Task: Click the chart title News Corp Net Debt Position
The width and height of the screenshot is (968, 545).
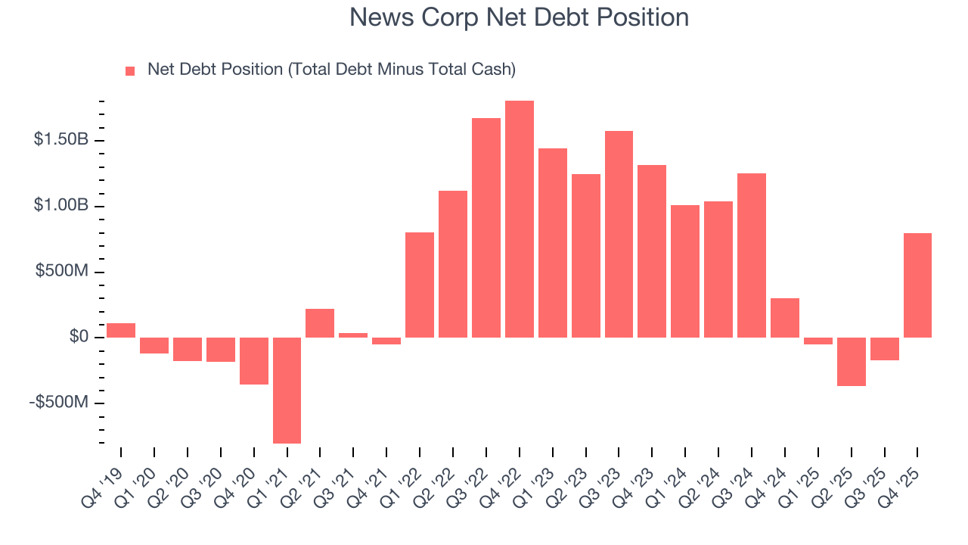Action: click(x=519, y=17)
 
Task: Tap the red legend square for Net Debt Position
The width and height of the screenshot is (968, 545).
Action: click(x=130, y=70)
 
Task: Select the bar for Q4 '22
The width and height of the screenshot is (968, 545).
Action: click(x=520, y=219)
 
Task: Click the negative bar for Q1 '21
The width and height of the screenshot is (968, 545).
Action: click(x=287, y=390)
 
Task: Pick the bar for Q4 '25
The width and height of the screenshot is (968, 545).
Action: click(x=917, y=285)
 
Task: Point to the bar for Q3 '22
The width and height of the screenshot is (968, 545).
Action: click(x=486, y=227)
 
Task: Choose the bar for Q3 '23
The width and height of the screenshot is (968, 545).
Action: click(x=619, y=234)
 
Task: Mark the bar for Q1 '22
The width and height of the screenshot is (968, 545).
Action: click(x=420, y=285)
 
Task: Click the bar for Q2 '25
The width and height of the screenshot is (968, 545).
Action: click(x=851, y=361)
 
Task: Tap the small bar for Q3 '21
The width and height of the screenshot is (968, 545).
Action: click(x=353, y=335)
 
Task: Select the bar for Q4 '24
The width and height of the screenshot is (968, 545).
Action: click(x=785, y=317)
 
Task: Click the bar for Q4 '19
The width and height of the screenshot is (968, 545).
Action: click(x=121, y=330)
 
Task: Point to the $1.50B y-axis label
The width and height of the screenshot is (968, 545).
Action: click(x=61, y=140)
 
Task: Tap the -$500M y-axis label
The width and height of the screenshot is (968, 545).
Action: click(x=59, y=402)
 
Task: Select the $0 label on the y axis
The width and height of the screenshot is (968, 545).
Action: click(x=78, y=337)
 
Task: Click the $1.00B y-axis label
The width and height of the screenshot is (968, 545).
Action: click(x=61, y=206)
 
